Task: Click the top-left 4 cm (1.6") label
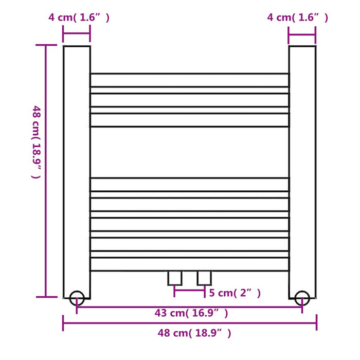[79, 17]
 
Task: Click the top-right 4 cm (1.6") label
[297, 17]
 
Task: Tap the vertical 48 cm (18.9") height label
[35, 141]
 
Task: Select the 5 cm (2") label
[235, 293]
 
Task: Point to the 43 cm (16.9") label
[191, 313]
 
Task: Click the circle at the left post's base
[77, 298]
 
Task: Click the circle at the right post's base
[302, 298]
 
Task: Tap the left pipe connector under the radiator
[175, 278]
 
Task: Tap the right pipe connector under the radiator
[204, 278]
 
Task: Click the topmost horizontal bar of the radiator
[189, 80]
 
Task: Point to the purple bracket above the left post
[77, 37]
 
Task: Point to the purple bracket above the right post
[302, 37]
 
